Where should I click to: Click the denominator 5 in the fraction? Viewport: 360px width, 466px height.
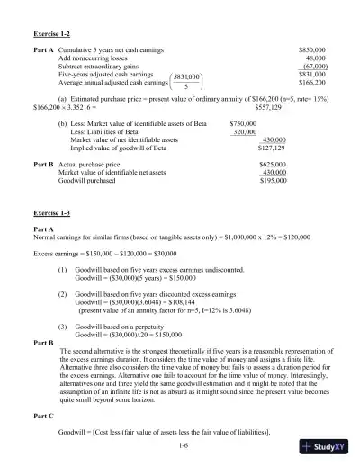point(186,87)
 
